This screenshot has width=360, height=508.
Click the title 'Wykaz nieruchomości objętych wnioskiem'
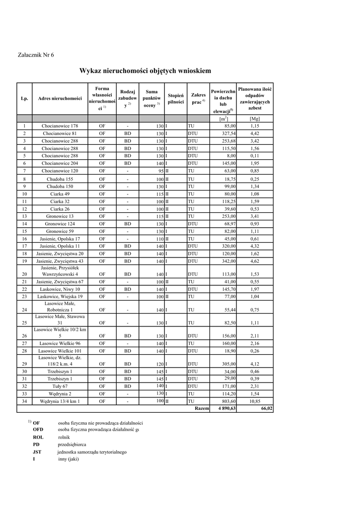(x=145, y=71)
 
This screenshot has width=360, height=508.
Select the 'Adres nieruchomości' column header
(x=60, y=99)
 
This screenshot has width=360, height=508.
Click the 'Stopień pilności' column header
(x=176, y=99)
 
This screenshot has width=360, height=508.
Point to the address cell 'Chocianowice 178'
(x=60, y=126)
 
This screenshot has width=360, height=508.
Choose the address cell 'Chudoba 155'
(x=60, y=179)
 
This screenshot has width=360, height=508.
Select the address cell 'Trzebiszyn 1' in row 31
(x=60, y=379)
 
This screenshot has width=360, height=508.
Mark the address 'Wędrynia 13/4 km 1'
(x=60, y=401)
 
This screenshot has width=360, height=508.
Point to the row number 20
(x=24, y=274)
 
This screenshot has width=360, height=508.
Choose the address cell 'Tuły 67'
(x=60, y=386)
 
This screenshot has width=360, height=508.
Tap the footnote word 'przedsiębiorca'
(x=72, y=444)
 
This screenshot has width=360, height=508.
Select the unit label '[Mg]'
(x=255, y=119)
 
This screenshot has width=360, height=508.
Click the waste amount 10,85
(x=255, y=401)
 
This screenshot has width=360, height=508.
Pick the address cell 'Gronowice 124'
(x=60, y=224)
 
